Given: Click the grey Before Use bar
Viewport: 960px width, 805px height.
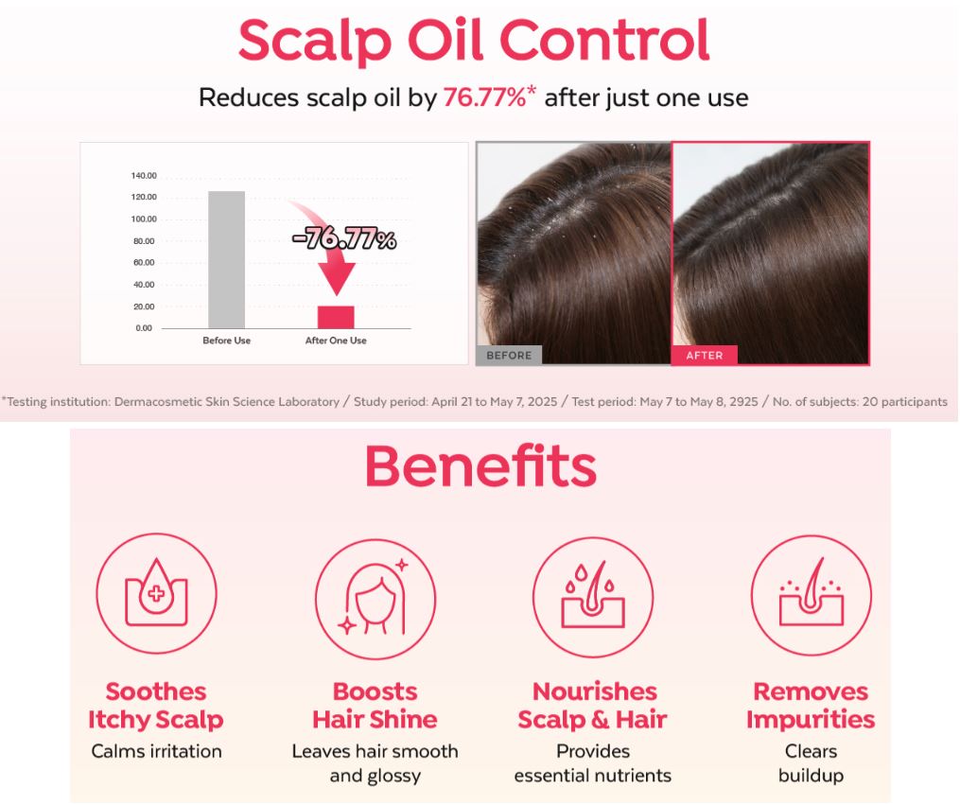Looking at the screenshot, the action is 227,259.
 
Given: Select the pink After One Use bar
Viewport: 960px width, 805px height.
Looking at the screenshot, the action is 336,317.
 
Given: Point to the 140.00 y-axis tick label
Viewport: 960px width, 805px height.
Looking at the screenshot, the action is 144,176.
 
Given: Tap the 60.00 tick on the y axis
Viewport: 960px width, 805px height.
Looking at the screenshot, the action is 144,263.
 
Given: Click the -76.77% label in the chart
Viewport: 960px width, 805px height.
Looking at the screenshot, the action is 344,238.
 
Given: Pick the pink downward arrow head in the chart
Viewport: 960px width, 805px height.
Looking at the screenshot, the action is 336,278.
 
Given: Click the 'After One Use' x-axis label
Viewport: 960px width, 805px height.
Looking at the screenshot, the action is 336,341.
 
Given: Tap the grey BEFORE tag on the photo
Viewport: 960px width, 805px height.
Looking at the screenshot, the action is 509,355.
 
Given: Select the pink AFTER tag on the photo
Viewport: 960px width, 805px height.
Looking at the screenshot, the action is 704,355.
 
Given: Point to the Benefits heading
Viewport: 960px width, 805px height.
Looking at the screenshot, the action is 480,466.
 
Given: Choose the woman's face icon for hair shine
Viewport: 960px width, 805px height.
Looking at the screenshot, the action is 375,599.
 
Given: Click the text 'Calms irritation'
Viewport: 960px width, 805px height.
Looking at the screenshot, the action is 156,751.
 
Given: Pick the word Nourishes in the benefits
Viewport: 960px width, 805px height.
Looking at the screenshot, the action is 595,691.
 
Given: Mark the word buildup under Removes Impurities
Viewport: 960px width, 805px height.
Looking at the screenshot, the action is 811,776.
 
